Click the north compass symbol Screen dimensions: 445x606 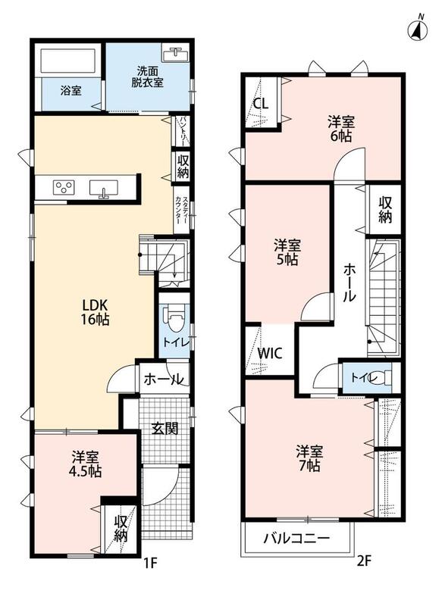click(418, 28)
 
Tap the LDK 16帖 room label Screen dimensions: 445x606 click(95, 312)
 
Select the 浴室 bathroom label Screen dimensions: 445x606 click(71, 91)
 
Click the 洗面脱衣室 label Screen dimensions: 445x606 click(147, 77)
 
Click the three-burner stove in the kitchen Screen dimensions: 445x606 click(64, 188)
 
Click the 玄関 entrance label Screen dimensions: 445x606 click(165, 428)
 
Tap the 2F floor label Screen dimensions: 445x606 click(363, 561)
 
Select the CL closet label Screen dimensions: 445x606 click(261, 104)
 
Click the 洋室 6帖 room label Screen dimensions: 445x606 click(341, 129)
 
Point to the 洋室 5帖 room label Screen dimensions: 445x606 click(287, 252)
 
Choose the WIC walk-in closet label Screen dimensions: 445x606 click(270, 353)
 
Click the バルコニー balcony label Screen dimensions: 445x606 click(296, 539)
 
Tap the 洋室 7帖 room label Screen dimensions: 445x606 click(309, 458)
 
